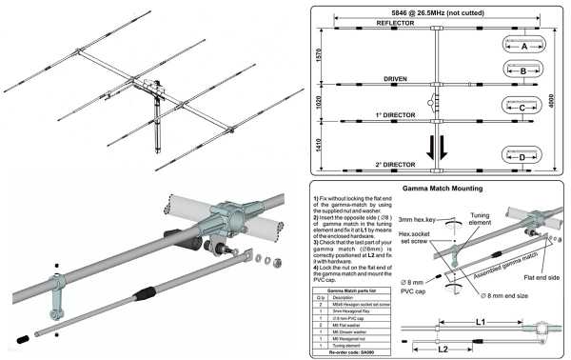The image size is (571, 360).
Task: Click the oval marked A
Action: [523, 44]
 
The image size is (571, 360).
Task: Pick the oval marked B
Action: [523, 70]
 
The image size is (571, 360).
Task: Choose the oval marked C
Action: [523, 109]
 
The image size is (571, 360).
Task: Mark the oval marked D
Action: [523, 156]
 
